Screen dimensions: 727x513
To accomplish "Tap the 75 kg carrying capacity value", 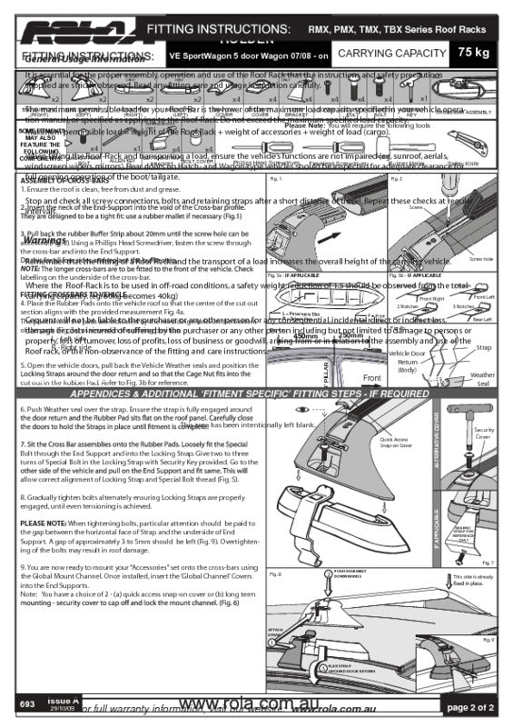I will pos(477,53).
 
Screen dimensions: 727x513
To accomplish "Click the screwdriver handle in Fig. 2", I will pos(413,195).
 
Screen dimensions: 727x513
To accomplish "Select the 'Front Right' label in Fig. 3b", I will pos(431,297).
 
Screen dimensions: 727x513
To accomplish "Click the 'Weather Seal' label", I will pos(483,378).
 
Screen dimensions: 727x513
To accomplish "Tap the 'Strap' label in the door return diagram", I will pos(483,347).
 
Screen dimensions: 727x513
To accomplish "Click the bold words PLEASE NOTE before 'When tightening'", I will pos(44,524).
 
